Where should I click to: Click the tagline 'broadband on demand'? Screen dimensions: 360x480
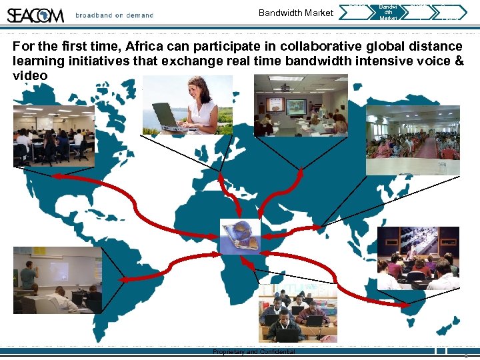click(x=114, y=15)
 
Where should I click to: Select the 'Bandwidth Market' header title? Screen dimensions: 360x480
click(x=295, y=13)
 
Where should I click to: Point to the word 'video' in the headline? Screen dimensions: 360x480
click(x=30, y=75)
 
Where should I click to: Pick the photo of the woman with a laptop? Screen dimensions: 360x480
click(x=187, y=105)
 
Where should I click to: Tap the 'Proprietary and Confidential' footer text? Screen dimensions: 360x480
click(x=253, y=351)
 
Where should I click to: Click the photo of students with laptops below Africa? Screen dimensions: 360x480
click(x=297, y=312)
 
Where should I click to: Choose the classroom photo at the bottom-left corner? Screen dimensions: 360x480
click(x=57, y=280)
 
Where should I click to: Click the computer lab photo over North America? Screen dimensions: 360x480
click(x=53, y=137)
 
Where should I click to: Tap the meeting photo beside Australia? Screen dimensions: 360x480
click(x=418, y=258)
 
